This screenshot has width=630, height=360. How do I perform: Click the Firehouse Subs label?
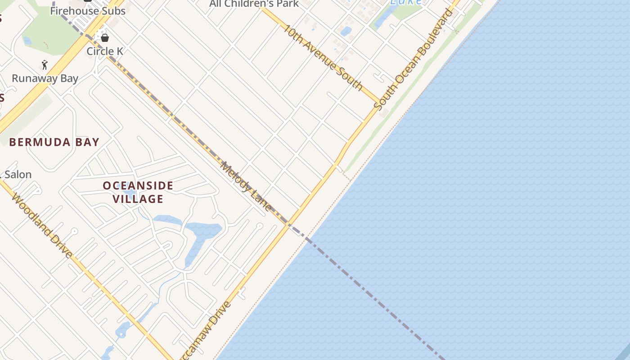87,10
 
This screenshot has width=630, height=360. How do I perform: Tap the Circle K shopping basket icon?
105,38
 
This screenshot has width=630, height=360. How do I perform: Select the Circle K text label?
105,51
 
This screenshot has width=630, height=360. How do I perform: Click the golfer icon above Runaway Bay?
45,65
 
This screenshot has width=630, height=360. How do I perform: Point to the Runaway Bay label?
45,78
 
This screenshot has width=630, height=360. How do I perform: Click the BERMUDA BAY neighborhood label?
54,142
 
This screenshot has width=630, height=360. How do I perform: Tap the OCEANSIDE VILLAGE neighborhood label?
138,192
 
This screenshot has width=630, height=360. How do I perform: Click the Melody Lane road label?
246,186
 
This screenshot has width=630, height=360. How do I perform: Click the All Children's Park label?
254,4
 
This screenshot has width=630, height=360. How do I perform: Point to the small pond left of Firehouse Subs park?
27,40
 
